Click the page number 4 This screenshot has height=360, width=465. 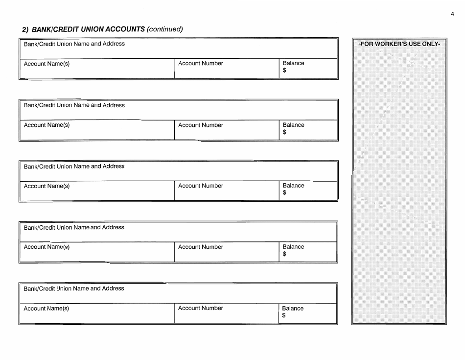click(x=453, y=14)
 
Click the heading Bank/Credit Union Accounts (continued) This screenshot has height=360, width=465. click(x=103, y=29)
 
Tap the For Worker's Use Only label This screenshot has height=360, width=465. click(x=399, y=44)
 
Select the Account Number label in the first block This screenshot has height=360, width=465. click(x=201, y=63)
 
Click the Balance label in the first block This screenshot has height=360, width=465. click(x=293, y=63)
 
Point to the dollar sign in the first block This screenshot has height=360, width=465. click(x=284, y=71)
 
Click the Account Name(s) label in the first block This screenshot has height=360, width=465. click(x=47, y=64)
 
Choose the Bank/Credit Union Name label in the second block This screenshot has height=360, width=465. click(x=74, y=105)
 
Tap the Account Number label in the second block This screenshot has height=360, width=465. click(x=201, y=125)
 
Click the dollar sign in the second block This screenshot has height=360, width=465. click(x=284, y=132)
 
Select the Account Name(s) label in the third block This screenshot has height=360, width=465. click(x=47, y=186)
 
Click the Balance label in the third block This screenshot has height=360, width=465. click(x=293, y=186)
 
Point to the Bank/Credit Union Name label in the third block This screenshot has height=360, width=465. click(x=74, y=167)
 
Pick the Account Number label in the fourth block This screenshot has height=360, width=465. click(x=201, y=247)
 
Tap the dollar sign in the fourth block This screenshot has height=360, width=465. click(x=284, y=254)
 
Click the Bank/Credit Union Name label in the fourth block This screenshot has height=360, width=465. click(x=74, y=227)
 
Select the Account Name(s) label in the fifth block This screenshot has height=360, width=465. click(x=46, y=309)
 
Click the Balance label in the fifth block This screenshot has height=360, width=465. click(x=293, y=309)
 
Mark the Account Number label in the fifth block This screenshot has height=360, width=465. click(x=200, y=308)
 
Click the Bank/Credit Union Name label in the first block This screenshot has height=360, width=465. click(x=74, y=44)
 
